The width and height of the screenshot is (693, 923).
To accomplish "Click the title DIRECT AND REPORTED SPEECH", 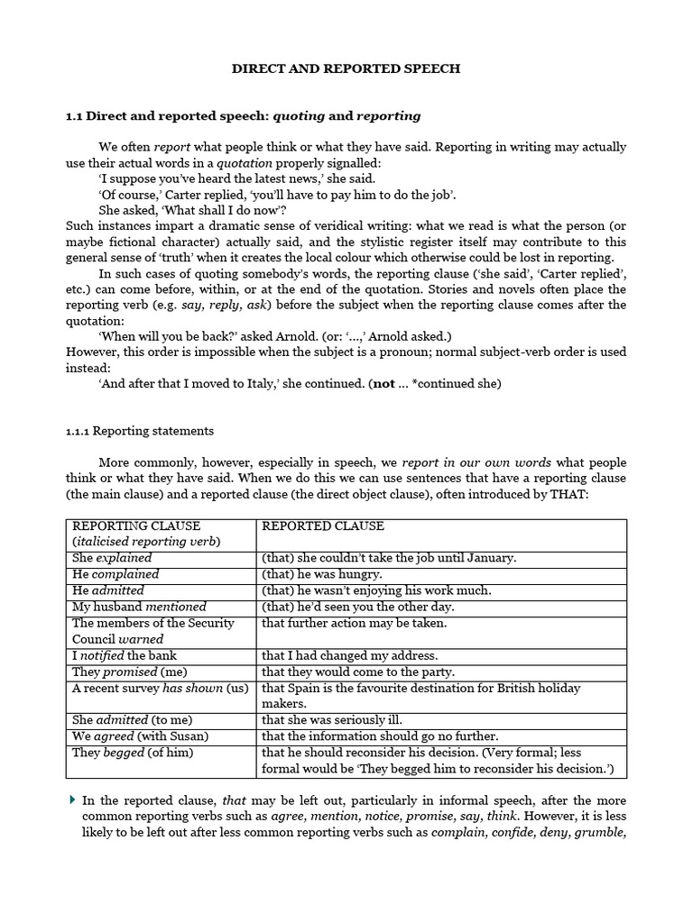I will coord(346,69).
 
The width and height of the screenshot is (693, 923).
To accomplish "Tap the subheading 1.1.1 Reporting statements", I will coord(140,431).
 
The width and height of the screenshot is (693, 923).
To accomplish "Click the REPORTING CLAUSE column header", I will coord(136,525).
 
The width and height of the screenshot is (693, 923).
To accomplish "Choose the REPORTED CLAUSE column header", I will coord(323,525).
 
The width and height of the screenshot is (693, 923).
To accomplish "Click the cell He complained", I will coord(115,574).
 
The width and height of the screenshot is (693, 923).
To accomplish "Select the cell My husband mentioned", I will coord(139,607).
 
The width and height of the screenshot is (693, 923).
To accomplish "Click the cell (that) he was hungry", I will coord(321,574).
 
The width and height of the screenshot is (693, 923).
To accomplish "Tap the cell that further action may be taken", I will coord(354,623).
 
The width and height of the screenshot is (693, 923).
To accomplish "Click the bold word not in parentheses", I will coord(383,383).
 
